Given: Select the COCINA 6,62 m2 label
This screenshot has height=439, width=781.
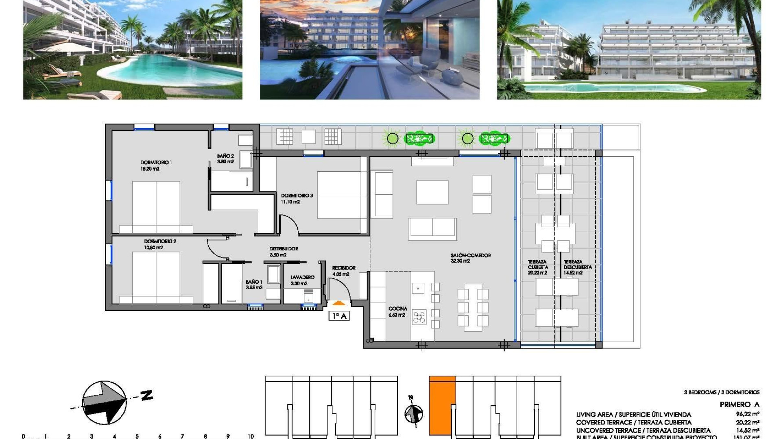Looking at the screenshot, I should click(x=397, y=312).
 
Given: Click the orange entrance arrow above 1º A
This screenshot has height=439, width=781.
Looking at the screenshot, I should click(x=339, y=303).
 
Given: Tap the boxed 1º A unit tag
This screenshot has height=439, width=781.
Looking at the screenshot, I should click(x=339, y=316).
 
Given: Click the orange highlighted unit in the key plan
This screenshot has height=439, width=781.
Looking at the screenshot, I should click(x=442, y=406).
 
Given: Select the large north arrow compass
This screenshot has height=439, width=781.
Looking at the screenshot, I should click(x=105, y=402).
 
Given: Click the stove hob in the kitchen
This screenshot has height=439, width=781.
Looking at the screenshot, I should click(x=419, y=317).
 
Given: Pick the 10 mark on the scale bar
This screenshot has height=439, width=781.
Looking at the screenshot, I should click(x=251, y=436).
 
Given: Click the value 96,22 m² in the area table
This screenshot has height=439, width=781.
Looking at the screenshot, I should click(x=747, y=414).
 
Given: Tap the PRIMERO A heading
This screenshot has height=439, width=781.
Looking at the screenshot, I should click(x=739, y=404).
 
